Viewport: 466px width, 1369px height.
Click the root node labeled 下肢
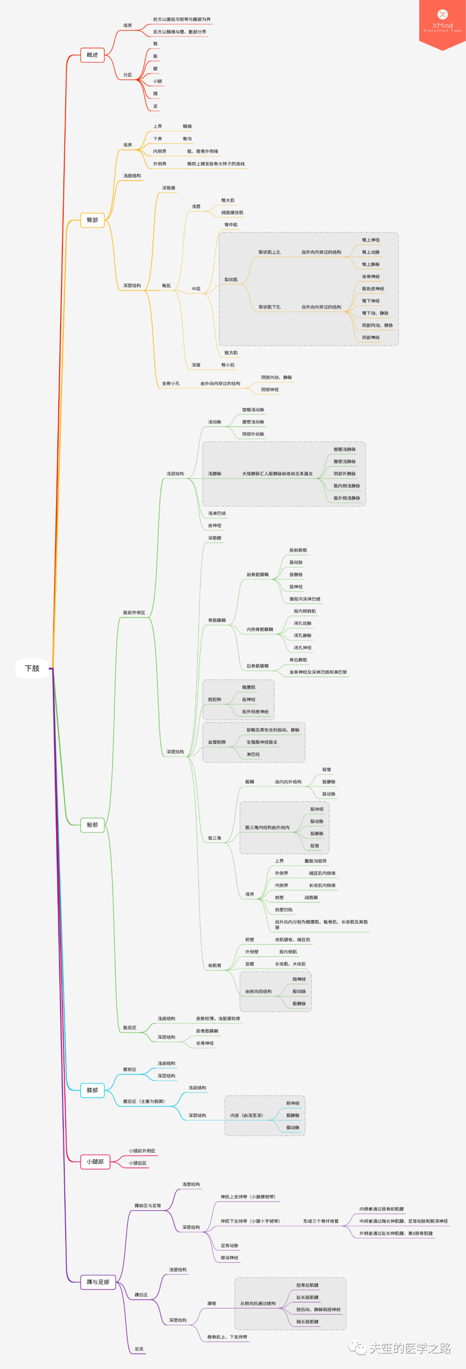[32, 668]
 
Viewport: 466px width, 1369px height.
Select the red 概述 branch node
[92, 55]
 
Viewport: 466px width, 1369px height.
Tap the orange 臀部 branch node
[92, 220]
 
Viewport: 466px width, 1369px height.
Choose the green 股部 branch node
[92, 825]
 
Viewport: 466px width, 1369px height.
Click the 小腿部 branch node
[95, 1162]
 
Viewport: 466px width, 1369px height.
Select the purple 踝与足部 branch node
[98, 1282]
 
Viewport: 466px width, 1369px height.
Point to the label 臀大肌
[228, 200]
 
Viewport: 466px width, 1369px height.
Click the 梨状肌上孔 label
[269, 252]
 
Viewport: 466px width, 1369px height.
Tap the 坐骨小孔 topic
[170, 384]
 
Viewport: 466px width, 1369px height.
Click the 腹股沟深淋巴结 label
[305, 599]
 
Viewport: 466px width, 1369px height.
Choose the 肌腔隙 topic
[215, 699]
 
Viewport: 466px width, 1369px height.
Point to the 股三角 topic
[215, 838]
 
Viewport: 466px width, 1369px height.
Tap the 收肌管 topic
[215, 965]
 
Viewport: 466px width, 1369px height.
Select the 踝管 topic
[212, 1303]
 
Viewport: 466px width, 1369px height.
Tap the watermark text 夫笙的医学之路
[409, 1348]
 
